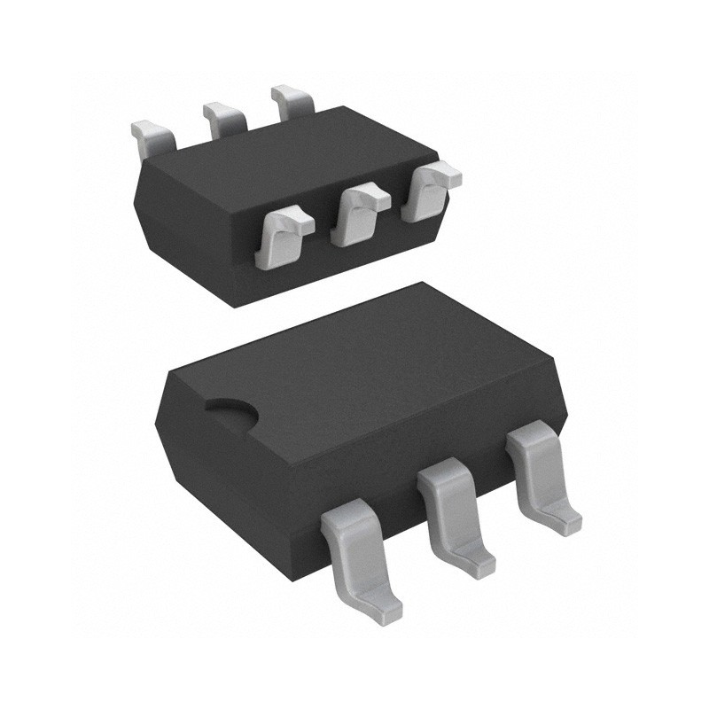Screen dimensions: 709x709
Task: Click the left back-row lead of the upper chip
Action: (x=152, y=134)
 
